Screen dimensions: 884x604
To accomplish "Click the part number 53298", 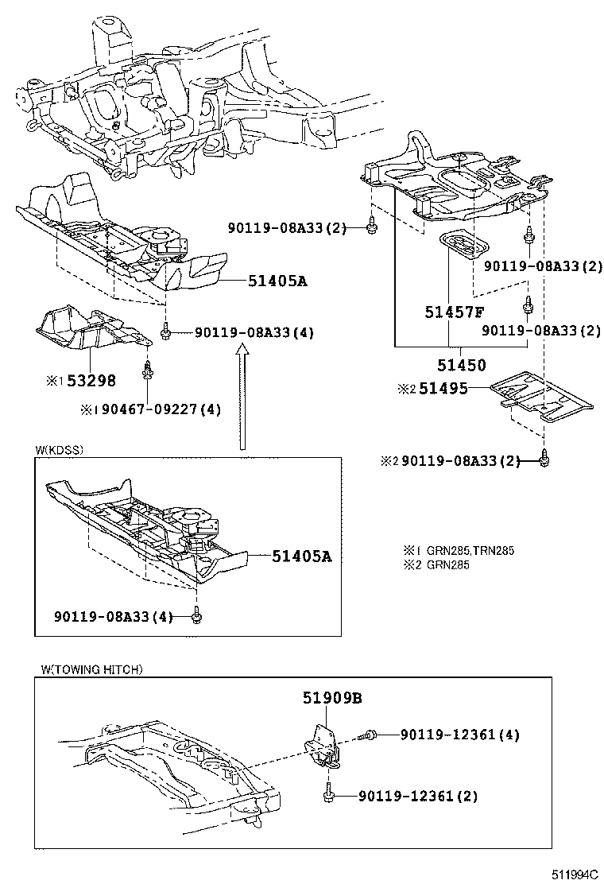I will (92, 381).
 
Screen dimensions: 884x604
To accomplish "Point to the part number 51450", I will (459, 365).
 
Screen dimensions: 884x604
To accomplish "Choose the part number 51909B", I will (331, 698).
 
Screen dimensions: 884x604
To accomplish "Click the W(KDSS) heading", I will (59, 450).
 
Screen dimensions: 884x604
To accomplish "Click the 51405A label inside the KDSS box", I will (300, 556).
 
